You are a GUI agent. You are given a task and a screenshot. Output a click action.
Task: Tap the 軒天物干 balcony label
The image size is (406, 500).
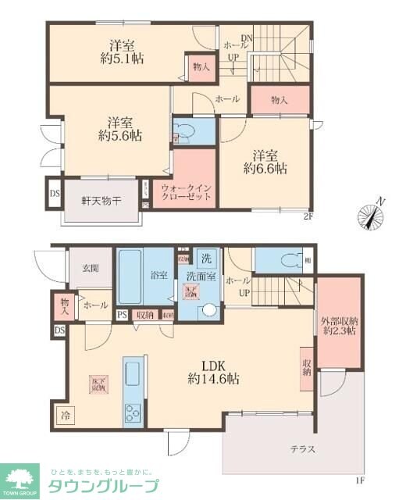101,201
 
